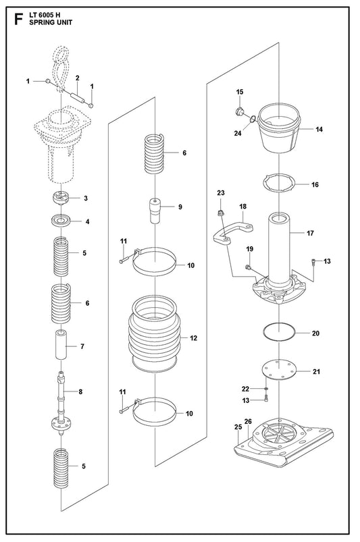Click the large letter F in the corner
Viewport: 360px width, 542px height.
(x=19, y=20)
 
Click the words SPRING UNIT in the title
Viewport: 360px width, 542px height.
(x=51, y=22)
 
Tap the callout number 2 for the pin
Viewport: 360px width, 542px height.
(x=78, y=78)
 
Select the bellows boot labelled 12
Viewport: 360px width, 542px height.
(x=154, y=333)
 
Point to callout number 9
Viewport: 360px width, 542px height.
(x=180, y=207)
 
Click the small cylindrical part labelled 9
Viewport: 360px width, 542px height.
(x=155, y=211)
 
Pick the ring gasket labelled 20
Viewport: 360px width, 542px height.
(x=279, y=333)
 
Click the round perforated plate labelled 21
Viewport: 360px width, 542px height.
(x=279, y=370)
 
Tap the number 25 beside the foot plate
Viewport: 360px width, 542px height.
(x=238, y=427)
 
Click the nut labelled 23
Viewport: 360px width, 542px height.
(x=220, y=213)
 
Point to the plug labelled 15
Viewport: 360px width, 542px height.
(x=239, y=111)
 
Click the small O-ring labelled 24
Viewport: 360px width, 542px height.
(x=253, y=119)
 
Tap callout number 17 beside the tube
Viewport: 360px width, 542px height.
(x=310, y=233)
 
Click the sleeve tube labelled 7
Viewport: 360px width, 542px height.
(x=61, y=345)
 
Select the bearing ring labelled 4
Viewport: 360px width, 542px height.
(x=61, y=221)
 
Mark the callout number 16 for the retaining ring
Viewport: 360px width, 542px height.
(x=315, y=184)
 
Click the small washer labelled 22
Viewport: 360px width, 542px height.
(x=265, y=389)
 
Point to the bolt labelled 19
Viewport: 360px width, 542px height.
(x=248, y=267)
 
